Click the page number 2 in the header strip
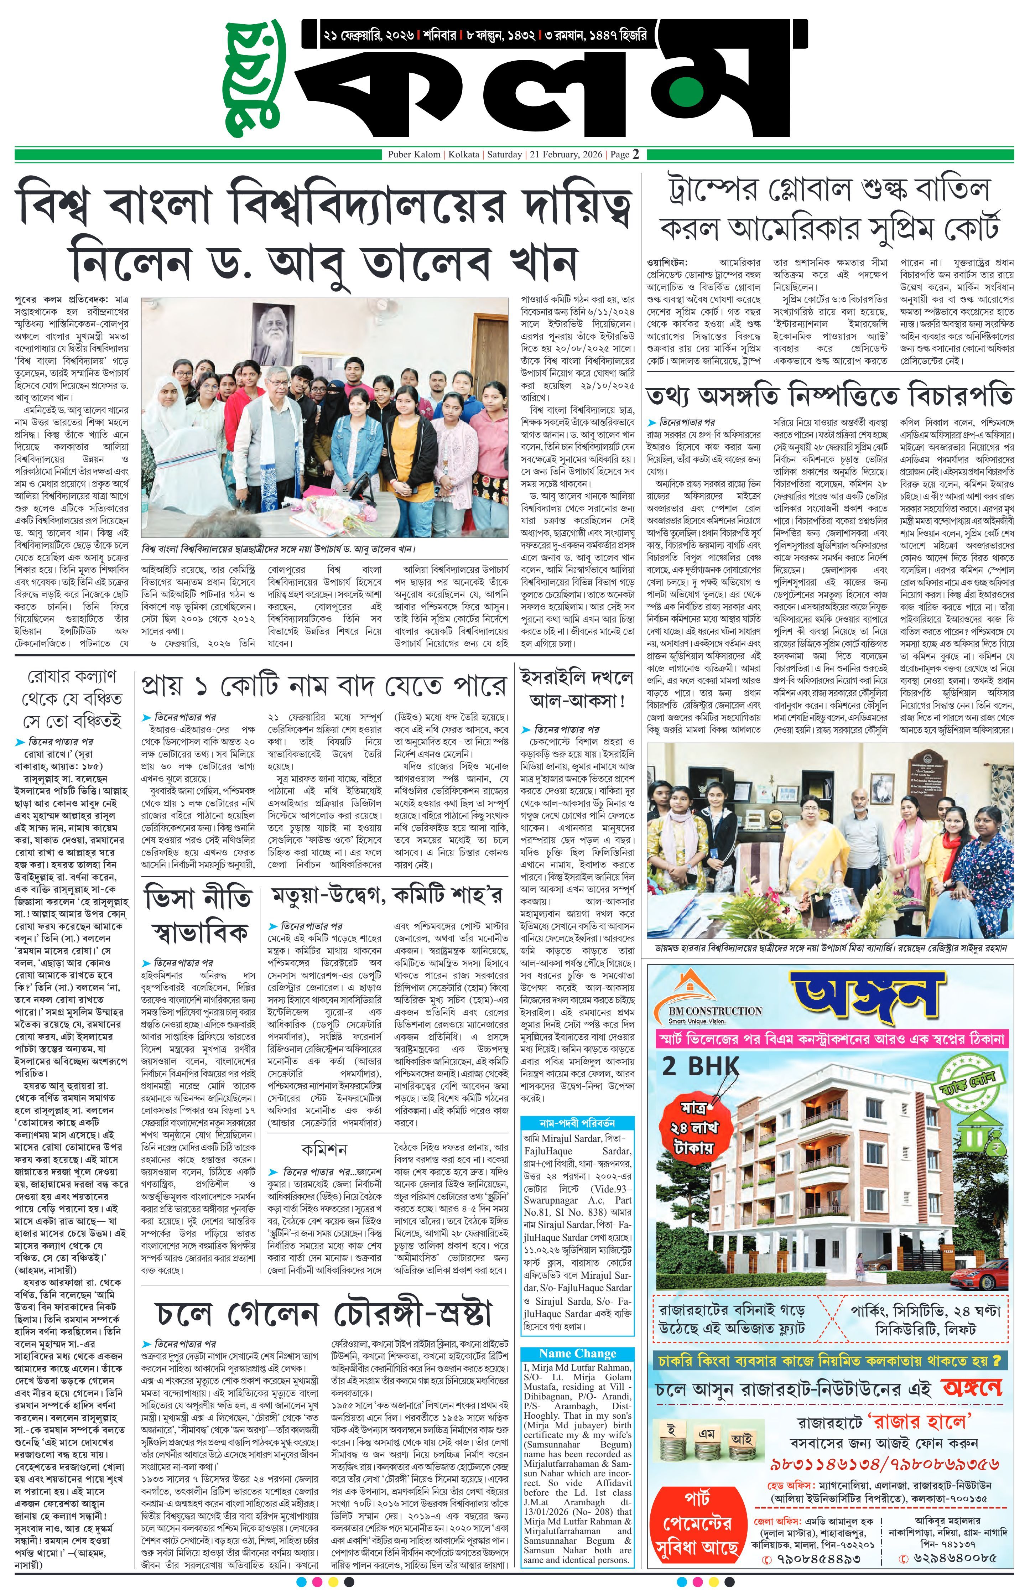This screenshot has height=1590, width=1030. (636, 154)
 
